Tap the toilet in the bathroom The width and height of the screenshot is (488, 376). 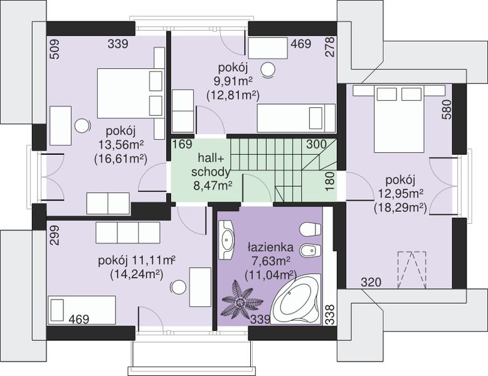pos(310,229)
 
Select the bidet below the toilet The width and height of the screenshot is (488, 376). pos(310,250)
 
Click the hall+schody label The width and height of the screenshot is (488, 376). pos(211,165)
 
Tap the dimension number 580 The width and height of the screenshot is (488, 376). pos(447,109)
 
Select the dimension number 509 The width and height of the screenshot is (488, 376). pos(54,48)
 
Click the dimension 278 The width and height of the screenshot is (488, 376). pos(329,46)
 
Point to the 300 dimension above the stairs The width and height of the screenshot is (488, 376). pos(317,144)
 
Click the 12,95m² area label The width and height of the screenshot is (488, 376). pos(401,194)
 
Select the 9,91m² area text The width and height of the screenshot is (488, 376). pos(233,81)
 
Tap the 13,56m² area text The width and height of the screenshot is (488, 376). pos(121,145)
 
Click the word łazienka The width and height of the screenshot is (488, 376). pos(270,248)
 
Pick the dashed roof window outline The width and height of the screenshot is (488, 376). pos(411,269)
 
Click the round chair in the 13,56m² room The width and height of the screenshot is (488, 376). pos(82,126)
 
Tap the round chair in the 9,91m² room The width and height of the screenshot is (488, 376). pos(268,69)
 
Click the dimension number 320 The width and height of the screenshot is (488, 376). pos(371,283)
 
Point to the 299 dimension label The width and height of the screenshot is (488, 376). pos(54,236)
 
